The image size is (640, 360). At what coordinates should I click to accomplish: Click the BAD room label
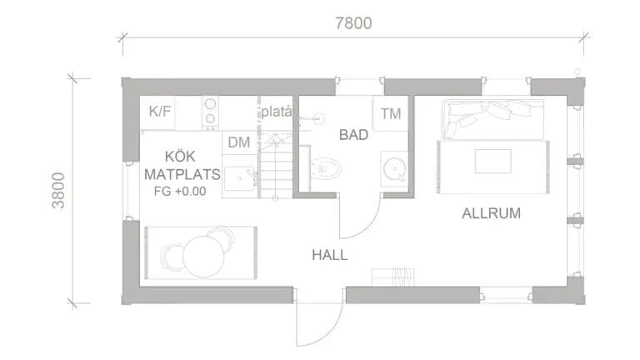tap(353, 133)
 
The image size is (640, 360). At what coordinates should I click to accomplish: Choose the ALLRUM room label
tap(491, 213)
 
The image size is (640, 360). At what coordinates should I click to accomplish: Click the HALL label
tap(330, 254)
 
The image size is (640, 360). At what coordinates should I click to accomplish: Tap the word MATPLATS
tap(182, 175)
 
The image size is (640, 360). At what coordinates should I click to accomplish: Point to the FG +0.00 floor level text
tap(180, 192)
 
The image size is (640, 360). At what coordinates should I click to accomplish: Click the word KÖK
tap(181, 157)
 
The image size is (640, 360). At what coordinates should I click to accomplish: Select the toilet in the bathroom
tap(326, 170)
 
